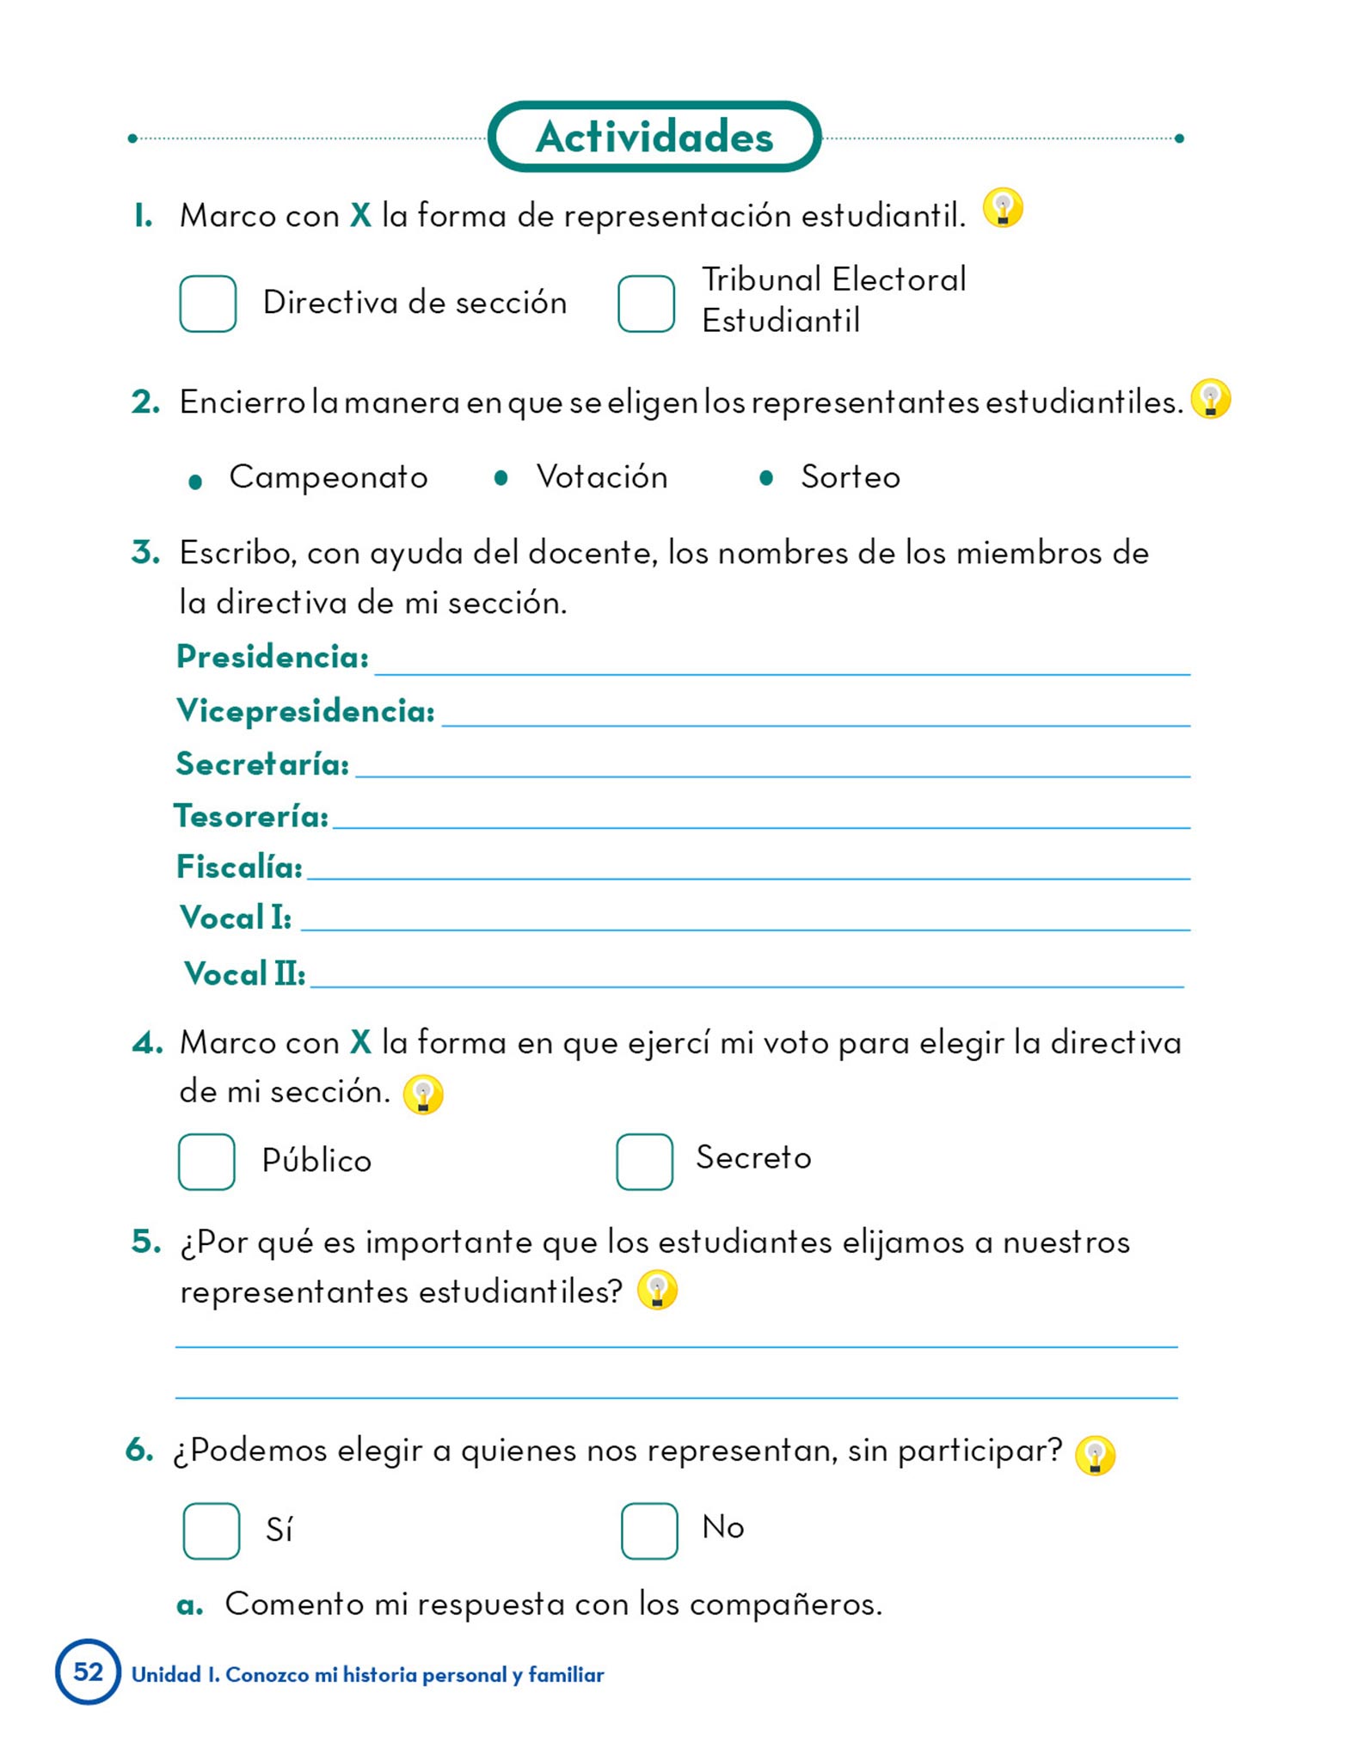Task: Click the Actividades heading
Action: coord(654,137)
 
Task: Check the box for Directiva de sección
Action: coord(208,304)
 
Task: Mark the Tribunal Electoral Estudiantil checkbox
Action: coord(646,304)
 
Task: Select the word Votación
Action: coord(602,477)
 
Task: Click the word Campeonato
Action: coord(329,477)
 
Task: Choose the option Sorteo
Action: coord(851,477)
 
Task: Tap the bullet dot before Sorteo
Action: coord(766,478)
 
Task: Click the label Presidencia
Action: coord(273,658)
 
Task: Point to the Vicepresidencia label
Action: coord(305,711)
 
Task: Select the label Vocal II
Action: coord(245,974)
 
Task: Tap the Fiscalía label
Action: coord(239,868)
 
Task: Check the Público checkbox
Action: coord(206,1162)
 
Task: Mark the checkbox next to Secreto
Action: coord(645,1162)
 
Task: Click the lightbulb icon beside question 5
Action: coord(658,1291)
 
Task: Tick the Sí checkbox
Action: coord(212,1531)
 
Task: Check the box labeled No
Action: coord(649,1531)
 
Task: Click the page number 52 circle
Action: coord(88,1672)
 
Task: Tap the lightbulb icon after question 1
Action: coord(1003,208)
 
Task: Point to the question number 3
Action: coord(145,552)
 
